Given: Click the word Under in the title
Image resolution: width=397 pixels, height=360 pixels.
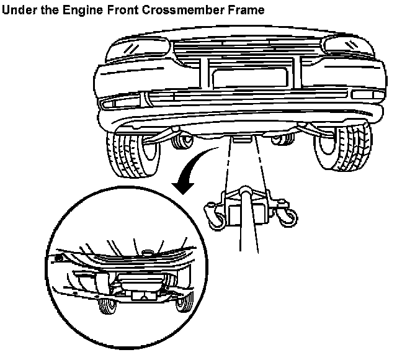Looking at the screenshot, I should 19,10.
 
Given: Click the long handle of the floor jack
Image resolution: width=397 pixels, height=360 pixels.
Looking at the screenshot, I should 248,230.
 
